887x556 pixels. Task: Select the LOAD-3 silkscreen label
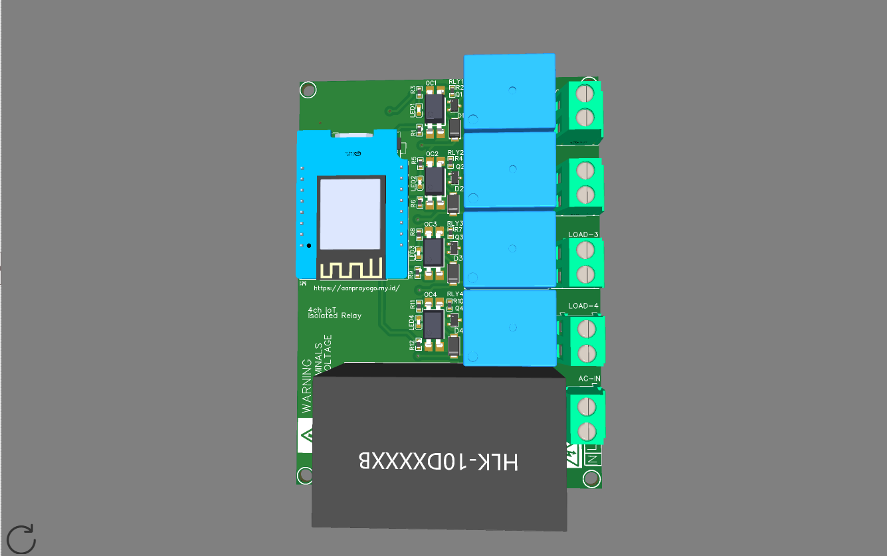tap(583, 235)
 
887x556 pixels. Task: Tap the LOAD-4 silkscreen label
tap(583, 306)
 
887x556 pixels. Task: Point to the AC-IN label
tap(589, 379)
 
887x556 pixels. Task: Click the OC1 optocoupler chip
tap(434, 105)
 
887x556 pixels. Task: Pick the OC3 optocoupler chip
tap(434, 251)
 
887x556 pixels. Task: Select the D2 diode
tap(454, 202)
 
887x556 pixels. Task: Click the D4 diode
tap(454, 346)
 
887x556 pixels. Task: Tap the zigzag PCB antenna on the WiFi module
tap(351, 269)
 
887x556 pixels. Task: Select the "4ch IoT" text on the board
tap(322, 309)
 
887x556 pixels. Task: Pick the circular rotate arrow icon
tap(21, 539)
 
